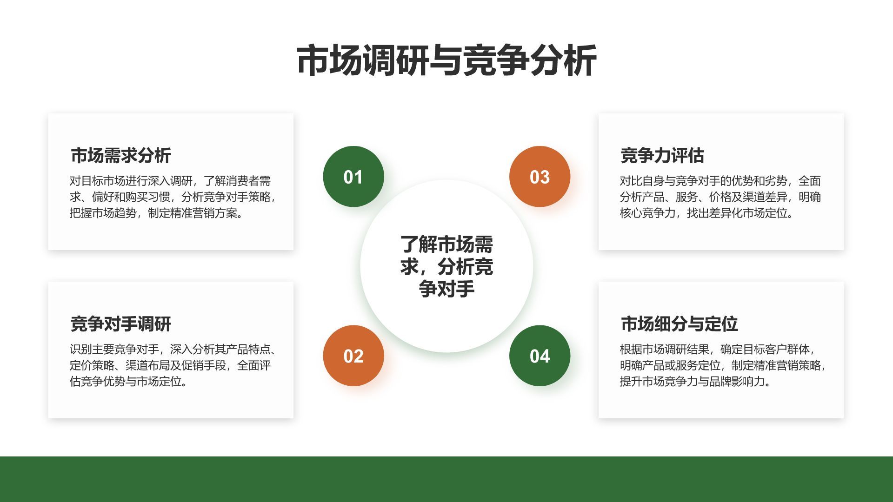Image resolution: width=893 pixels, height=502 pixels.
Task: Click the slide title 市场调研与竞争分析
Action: click(446, 60)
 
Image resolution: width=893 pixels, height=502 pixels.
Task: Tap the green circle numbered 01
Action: click(353, 177)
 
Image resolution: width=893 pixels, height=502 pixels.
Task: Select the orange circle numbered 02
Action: click(353, 356)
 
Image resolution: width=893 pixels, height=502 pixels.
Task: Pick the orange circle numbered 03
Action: click(540, 177)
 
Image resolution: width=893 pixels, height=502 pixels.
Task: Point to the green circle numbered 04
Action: click(540, 356)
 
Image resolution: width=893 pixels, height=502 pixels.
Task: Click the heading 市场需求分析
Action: click(121, 155)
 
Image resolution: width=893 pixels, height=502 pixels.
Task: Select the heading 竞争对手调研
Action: click(121, 324)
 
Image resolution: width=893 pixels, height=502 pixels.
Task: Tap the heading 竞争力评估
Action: click(662, 155)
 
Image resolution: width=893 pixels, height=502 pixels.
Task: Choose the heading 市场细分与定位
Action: click(679, 324)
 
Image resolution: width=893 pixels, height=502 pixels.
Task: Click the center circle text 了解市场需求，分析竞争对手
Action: click(446, 266)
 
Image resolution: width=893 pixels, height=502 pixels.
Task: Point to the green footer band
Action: click(446, 479)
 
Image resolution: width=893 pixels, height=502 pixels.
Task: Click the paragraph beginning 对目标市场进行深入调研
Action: click(172, 197)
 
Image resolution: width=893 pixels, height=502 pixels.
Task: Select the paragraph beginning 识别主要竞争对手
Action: click(172, 365)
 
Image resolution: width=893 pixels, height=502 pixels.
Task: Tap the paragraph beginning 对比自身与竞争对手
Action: click(720, 197)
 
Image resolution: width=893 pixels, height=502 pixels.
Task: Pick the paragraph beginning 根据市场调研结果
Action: click(722, 365)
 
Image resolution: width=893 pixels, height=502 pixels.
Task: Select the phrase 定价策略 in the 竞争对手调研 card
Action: click(92, 365)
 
